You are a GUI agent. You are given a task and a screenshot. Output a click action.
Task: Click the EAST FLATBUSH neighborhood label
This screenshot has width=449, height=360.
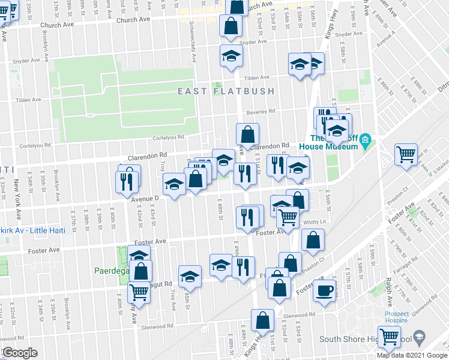[226, 91]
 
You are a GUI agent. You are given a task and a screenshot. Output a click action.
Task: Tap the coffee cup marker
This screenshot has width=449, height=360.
[325, 291]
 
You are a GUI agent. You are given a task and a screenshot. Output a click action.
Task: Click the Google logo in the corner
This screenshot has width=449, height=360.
[20, 353]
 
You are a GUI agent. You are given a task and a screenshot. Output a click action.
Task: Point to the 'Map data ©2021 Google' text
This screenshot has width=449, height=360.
[412, 355]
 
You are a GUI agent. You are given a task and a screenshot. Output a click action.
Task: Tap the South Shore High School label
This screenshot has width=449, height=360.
[372, 340]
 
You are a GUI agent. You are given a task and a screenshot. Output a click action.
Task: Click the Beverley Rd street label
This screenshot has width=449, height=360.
[264, 111]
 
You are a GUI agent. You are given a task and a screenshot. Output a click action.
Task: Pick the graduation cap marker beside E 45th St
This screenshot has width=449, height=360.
[190, 275]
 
